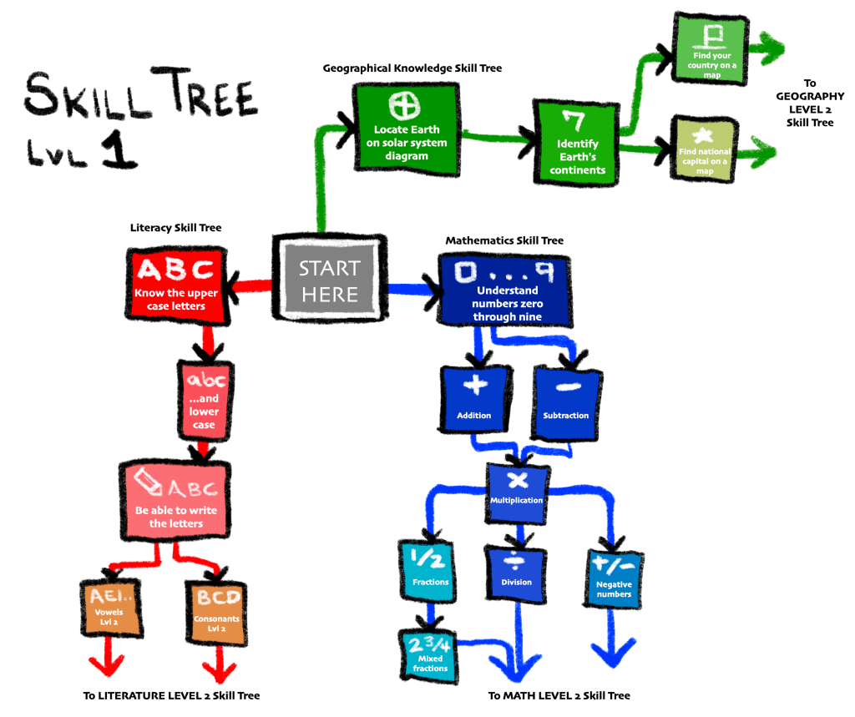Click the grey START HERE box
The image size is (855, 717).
coord(329,279)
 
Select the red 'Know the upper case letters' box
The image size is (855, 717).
coord(176,284)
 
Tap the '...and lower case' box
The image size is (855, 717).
coord(205,400)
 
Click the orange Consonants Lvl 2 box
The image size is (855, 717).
coord(218,605)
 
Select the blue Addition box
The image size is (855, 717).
coord(474,399)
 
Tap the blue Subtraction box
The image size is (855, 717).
coord(565,401)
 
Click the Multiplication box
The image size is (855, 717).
coord(518,487)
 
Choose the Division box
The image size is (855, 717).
coord(516,571)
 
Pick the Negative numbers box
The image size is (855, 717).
coord(614,576)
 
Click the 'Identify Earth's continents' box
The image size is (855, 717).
coord(577,142)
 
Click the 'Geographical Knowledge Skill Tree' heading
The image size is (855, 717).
coord(412,68)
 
